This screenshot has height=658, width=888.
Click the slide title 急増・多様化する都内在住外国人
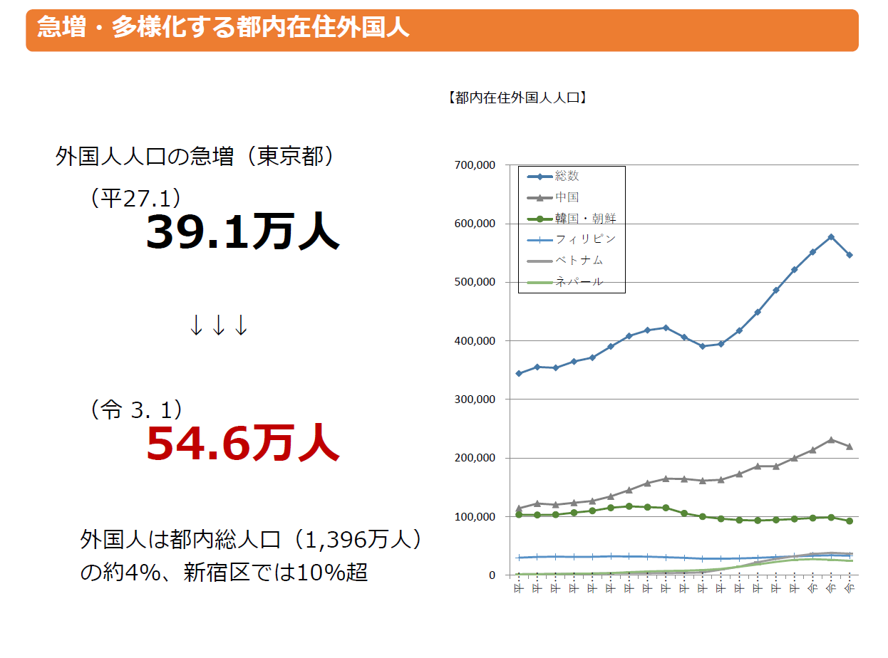pyautogui.click(x=223, y=29)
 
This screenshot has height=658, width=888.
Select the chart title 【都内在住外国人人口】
pyautogui.click(x=517, y=98)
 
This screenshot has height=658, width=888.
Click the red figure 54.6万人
pyautogui.click(x=242, y=443)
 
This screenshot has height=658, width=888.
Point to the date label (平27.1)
pyautogui.click(x=135, y=199)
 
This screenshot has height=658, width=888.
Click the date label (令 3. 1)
pyautogui.click(x=136, y=409)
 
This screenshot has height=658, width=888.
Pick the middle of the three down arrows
pyautogui.click(x=219, y=325)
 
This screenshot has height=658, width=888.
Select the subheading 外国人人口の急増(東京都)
pyautogui.click(x=195, y=157)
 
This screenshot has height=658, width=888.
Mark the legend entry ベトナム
pyautogui.click(x=579, y=261)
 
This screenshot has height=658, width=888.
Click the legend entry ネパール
pyautogui.click(x=579, y=281)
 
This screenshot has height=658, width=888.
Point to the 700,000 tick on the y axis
pyautogui.click(x=474, y=165)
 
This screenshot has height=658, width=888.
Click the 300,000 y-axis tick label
pyautogui.click(x=474, y=399)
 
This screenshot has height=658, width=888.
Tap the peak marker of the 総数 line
pyautogui.click(x=831, y=236)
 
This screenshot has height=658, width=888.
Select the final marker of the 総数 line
pyautogui.click(x=850, y=255)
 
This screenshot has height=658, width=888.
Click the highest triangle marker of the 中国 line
pyautogui.click(x=831, y=440)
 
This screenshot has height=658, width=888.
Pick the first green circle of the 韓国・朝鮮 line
pyautogui.click(x=519, y=514)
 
